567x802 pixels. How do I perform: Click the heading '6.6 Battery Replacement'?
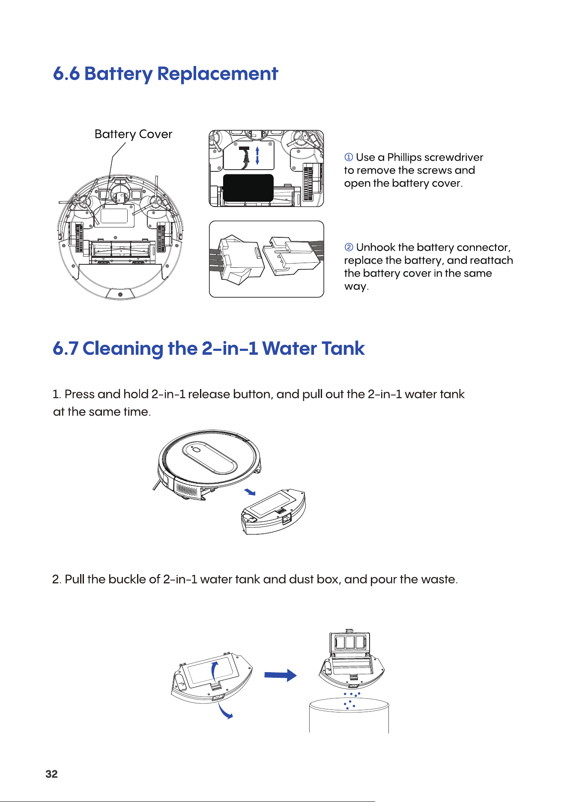(165, 74)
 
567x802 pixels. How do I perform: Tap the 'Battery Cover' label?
(133, 135)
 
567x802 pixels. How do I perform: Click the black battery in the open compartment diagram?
(248, 188)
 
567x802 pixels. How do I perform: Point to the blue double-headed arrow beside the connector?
(257, 156)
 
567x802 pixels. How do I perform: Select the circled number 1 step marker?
(349, 157)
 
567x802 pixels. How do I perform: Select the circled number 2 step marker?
(349, 247)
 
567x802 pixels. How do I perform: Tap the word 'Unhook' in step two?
(376, 247)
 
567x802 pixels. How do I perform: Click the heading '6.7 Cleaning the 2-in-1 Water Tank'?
(209, 348)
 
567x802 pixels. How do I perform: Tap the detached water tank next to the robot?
(273, 512)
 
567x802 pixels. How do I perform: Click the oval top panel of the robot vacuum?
(210, 458)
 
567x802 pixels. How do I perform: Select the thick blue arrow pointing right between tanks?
(281, 675)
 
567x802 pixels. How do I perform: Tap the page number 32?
(51, 774)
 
